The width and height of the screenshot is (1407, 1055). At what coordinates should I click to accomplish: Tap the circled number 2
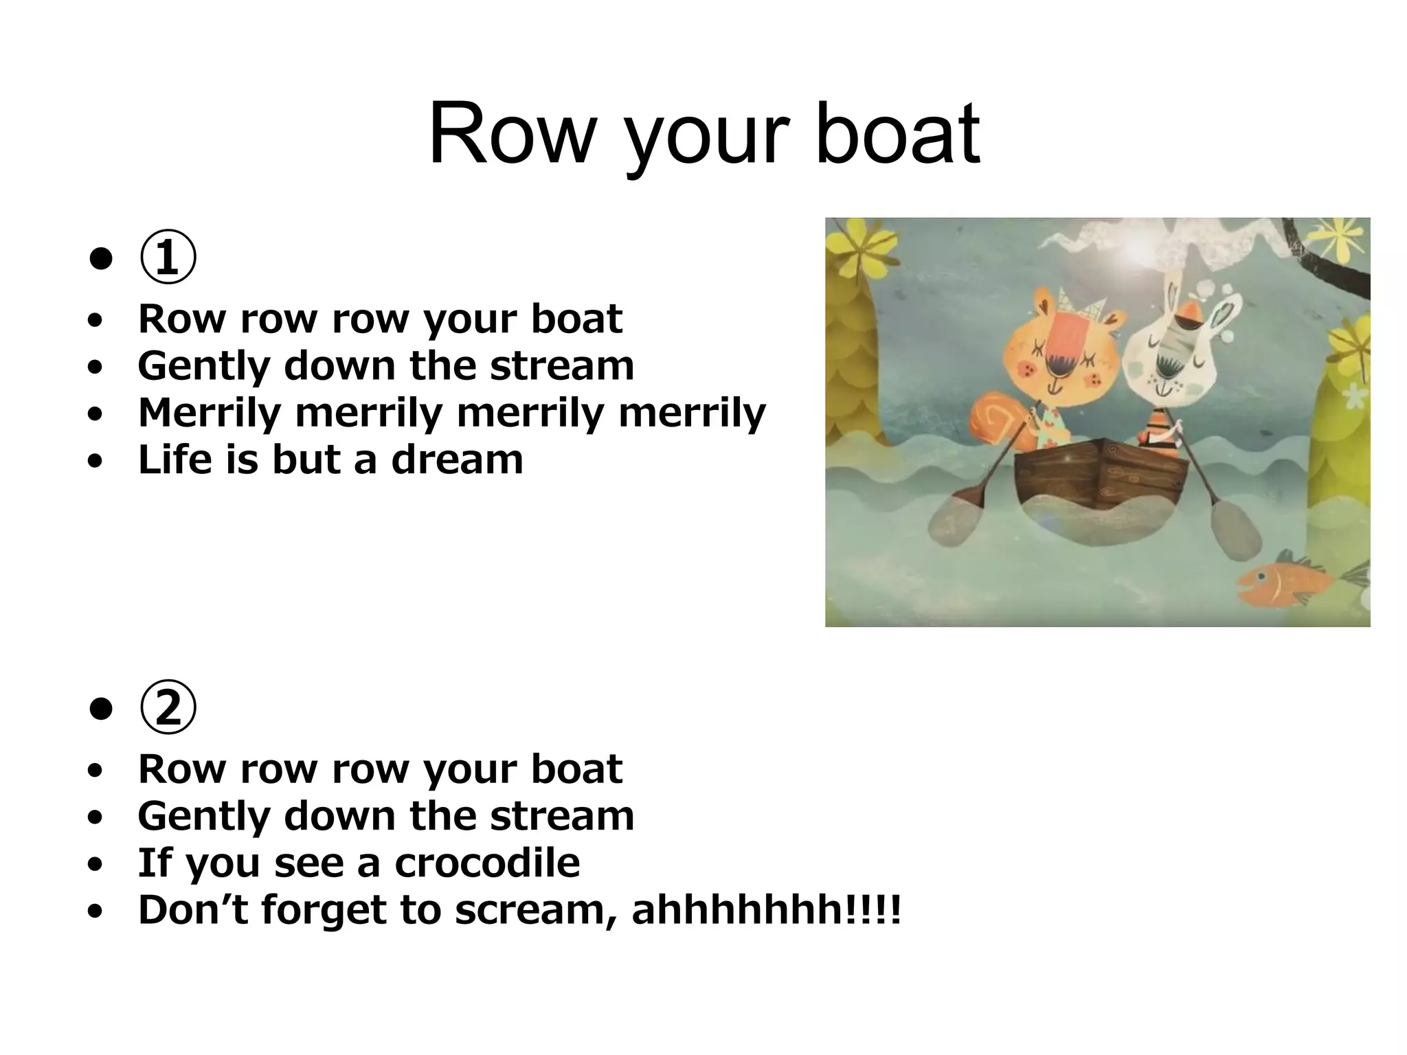[x=168, y=708]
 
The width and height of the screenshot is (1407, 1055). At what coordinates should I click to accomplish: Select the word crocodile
[x=487, y=863]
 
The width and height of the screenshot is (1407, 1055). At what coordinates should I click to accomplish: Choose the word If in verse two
[x=155, y=863]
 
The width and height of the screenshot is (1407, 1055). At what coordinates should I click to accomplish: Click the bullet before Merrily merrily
[x=95, y=413]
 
